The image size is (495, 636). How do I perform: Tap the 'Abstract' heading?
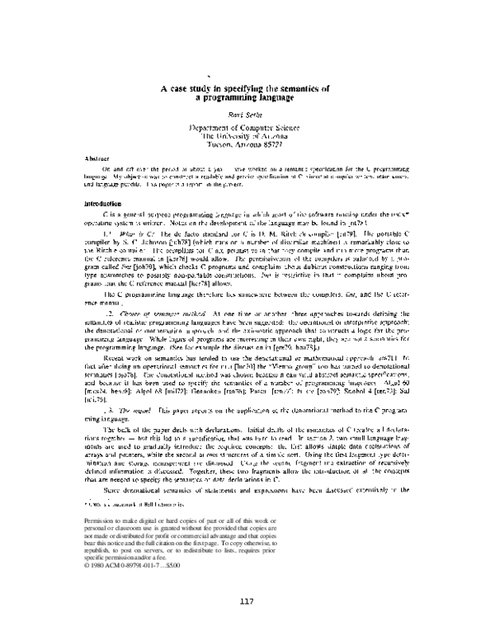(x=97, y=157)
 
